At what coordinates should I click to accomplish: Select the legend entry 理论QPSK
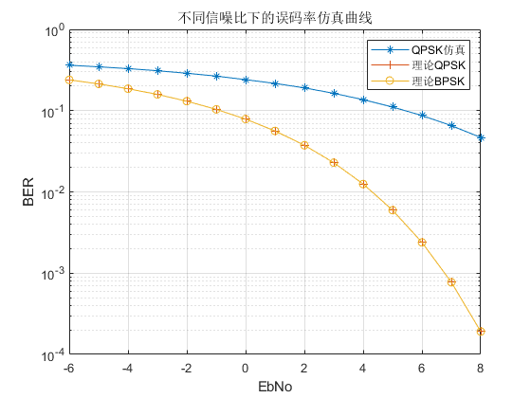[439, 65]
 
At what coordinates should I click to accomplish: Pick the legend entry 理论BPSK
[439, 81]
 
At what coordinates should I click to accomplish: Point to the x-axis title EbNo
[275, 387]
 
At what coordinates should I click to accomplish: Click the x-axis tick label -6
[68, 368]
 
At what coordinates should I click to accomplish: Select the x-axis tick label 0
[246, 368]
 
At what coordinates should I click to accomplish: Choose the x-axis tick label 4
[363, 368]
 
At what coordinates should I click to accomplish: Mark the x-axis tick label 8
[481, 368]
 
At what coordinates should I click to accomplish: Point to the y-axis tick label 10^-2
[51, 193]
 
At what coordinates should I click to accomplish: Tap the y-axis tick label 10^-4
[51, 355]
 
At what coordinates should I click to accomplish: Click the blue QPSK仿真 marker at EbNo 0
[246, 80]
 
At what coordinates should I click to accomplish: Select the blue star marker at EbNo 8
[481, 137]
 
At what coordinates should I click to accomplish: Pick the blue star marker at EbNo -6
[69, 64]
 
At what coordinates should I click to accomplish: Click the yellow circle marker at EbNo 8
[481, 331]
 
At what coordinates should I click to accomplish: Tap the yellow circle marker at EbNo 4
[363, 184]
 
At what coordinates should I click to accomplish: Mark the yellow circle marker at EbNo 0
[246, 118]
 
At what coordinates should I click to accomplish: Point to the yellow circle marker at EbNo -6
[69, 80]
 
